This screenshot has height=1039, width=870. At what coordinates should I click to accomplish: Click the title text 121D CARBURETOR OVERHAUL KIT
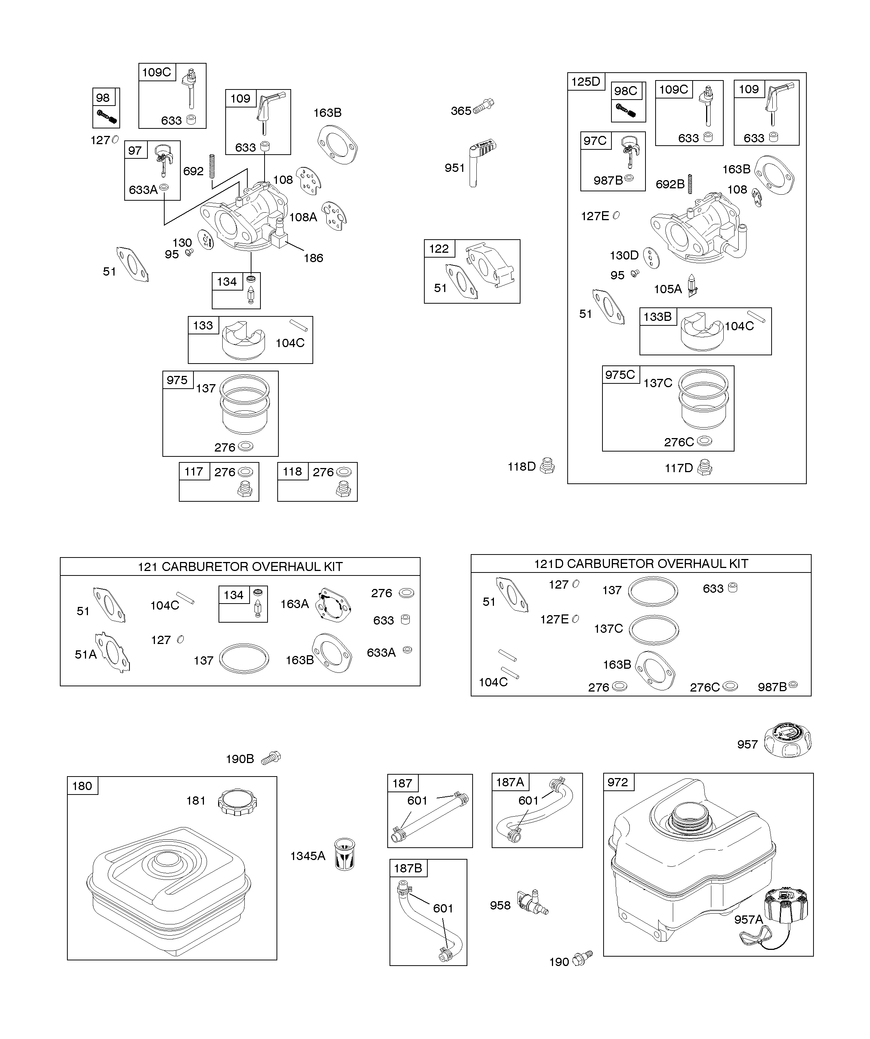[x=641, y=563]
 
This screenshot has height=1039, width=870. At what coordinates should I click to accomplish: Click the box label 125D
[x=585, y=82]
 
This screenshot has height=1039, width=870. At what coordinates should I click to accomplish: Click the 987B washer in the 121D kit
[x=793, y=685]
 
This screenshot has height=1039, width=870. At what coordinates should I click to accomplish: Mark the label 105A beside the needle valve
[x=668, y=289]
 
